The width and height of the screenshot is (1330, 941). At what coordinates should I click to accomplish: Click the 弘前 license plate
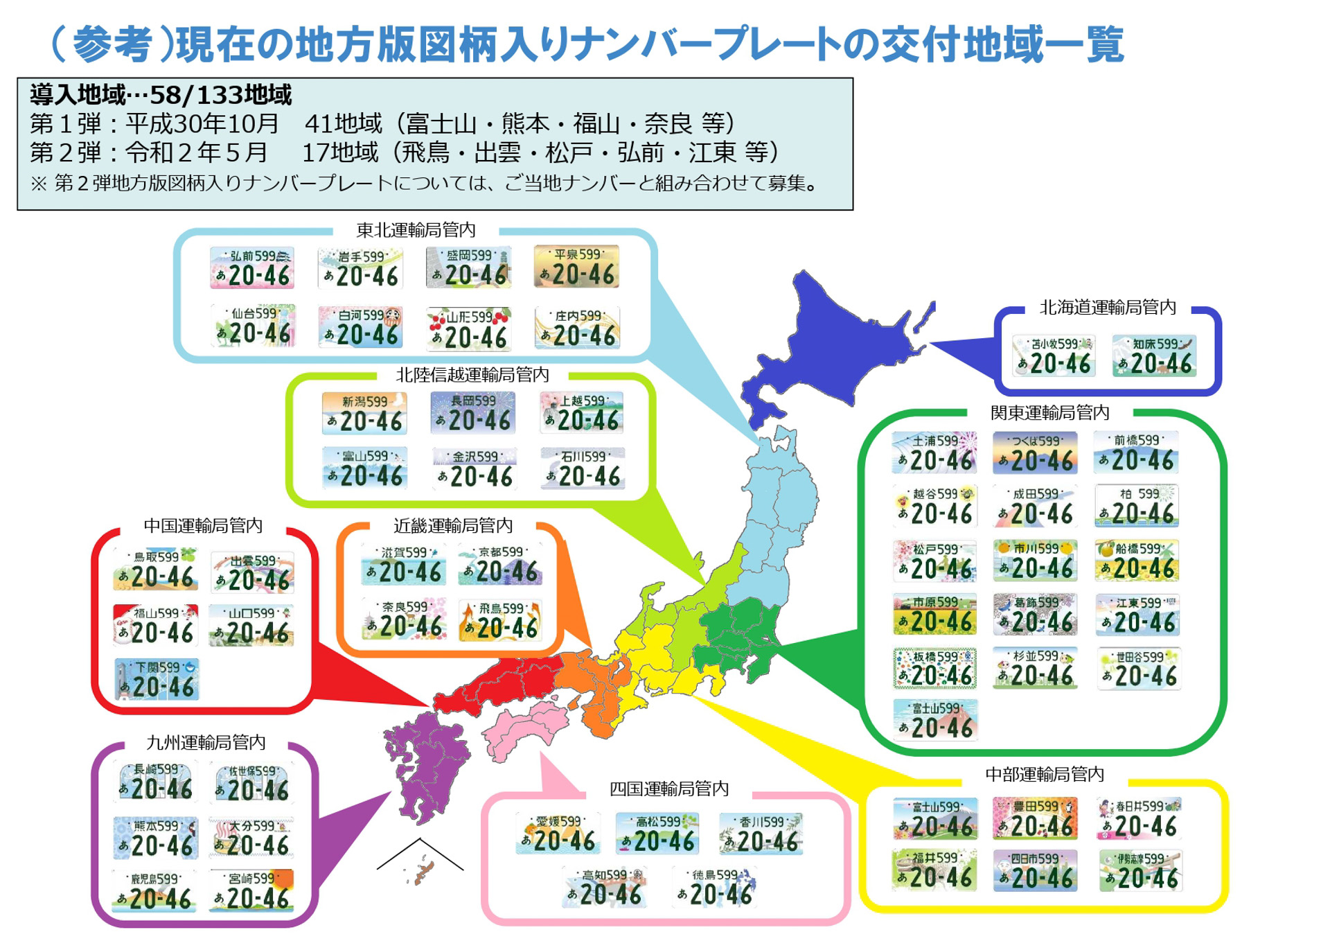251,267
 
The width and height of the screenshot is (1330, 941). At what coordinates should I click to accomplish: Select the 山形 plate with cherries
469,328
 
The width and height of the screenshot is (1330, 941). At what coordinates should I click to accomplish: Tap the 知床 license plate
1153,355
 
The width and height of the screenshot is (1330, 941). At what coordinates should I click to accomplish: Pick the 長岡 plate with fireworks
472,413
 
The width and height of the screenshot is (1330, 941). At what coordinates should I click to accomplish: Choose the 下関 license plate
157,679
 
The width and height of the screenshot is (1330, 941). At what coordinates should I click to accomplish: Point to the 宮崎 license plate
251,890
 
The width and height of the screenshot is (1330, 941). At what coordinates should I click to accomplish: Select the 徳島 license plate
713,888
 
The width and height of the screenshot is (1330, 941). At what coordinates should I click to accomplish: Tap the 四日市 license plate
1035,871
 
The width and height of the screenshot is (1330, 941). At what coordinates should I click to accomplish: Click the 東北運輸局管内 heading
416,229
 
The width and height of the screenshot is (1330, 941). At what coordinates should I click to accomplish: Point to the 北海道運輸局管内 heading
1107,307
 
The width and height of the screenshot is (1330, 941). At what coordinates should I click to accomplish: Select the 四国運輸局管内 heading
668,789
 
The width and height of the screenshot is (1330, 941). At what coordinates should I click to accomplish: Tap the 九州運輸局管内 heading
206,742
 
